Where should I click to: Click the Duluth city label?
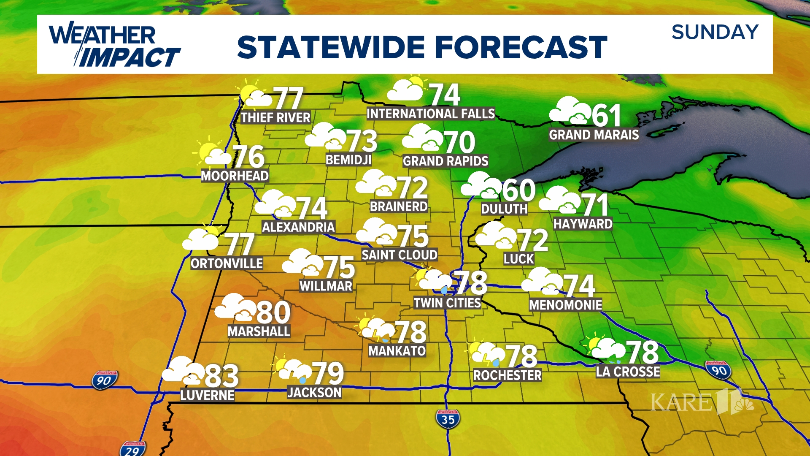coord(504,209)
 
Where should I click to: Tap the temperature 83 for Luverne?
coord(221,376)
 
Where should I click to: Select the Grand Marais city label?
coord(594,135)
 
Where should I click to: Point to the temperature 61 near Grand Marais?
coord(606,115)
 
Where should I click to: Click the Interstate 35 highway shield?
coord(448,419)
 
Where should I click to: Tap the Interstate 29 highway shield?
coord(132,449)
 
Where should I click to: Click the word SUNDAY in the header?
coord(715,33)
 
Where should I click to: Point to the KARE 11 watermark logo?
coord(702,401)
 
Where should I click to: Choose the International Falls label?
coord(430,114)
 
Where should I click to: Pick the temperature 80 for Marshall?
coord(273,313)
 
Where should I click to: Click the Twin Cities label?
coord(447,303)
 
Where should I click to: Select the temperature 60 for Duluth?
coord(518,190)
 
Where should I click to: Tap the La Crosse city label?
coord(628,372)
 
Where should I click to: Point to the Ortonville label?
coord(227,263)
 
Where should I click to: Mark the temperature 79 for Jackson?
coord(328,374)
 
